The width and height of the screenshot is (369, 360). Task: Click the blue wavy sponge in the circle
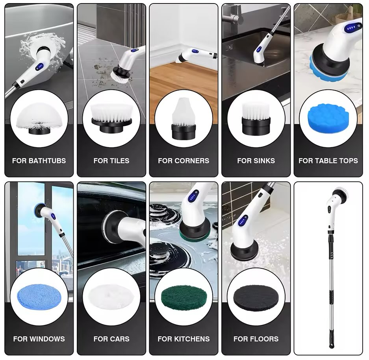click(328, 118)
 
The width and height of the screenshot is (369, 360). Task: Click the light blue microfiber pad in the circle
click(39, 297)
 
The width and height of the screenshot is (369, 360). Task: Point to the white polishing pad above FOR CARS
click(111, 297)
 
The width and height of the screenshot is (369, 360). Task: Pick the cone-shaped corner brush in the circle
click(184, 118)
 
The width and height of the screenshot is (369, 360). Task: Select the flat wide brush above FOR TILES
click(111, 118)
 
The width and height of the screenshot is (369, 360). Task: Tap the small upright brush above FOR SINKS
click(256, 120)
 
